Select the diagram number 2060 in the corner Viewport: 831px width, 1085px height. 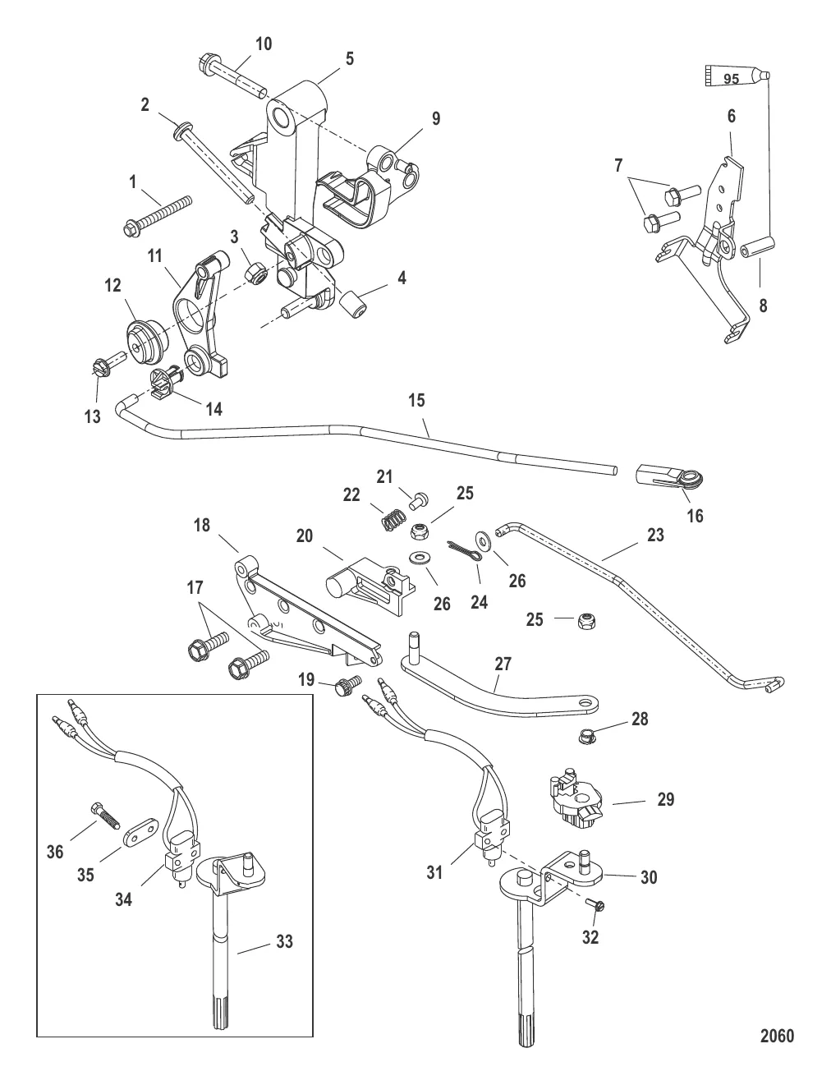(777, 1036)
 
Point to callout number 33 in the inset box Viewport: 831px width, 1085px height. (283, 940)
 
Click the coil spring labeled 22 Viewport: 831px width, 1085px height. (394, 520)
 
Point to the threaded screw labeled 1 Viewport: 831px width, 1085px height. (156, 213)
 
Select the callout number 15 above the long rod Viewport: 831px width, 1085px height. (417, 400)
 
